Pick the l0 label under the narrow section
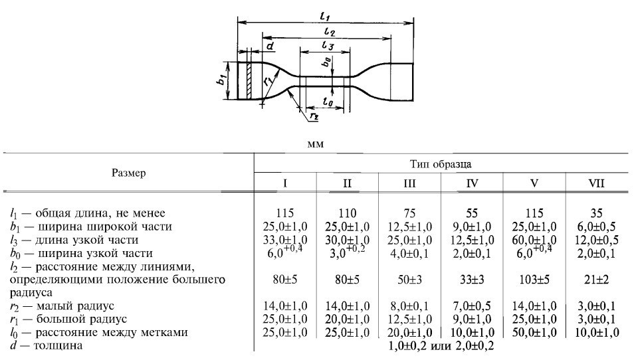(326, 100)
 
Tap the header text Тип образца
(441, 163)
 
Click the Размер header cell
(129, 173)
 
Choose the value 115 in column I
(284, 213)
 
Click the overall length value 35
(596, 213)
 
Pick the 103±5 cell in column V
(534, 280)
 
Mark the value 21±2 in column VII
(596, 280)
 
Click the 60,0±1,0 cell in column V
(534, 240)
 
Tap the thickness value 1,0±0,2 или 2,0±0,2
(440, 345)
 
